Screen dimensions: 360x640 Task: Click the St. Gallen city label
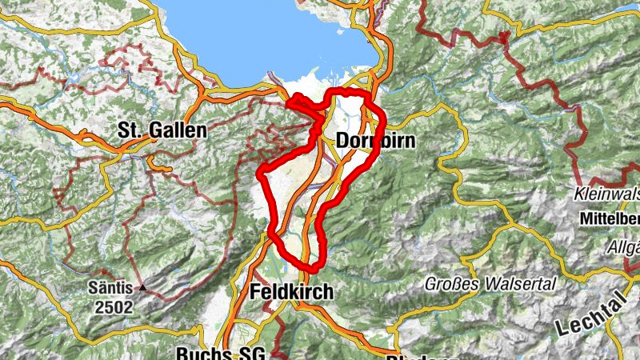tap(162, 130)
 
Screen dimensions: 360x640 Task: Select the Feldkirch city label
tap(290, 292)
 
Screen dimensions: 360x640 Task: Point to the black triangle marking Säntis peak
tap(142, 286)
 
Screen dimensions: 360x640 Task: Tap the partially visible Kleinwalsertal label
tap(607, 193)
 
